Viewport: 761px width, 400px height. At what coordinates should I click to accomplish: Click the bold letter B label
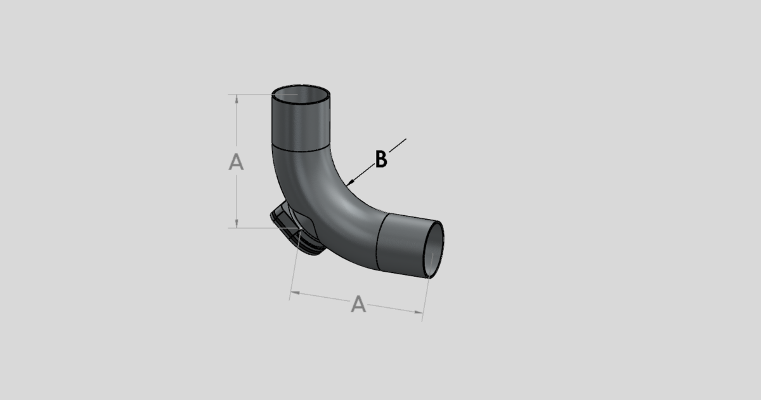tap(380, 160)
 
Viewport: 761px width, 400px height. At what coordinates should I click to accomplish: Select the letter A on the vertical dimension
tap(236, 162)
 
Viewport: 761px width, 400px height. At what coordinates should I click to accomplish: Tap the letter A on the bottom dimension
tap(358, 305)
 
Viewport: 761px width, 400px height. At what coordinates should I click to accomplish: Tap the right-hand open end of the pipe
tap(433, 249)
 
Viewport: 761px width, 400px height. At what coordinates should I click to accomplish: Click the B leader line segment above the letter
tap(397, 145)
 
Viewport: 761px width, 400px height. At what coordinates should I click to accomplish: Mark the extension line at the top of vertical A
tap(254, 95)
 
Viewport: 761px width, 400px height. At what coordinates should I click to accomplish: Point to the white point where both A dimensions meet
tap(300, 228)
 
